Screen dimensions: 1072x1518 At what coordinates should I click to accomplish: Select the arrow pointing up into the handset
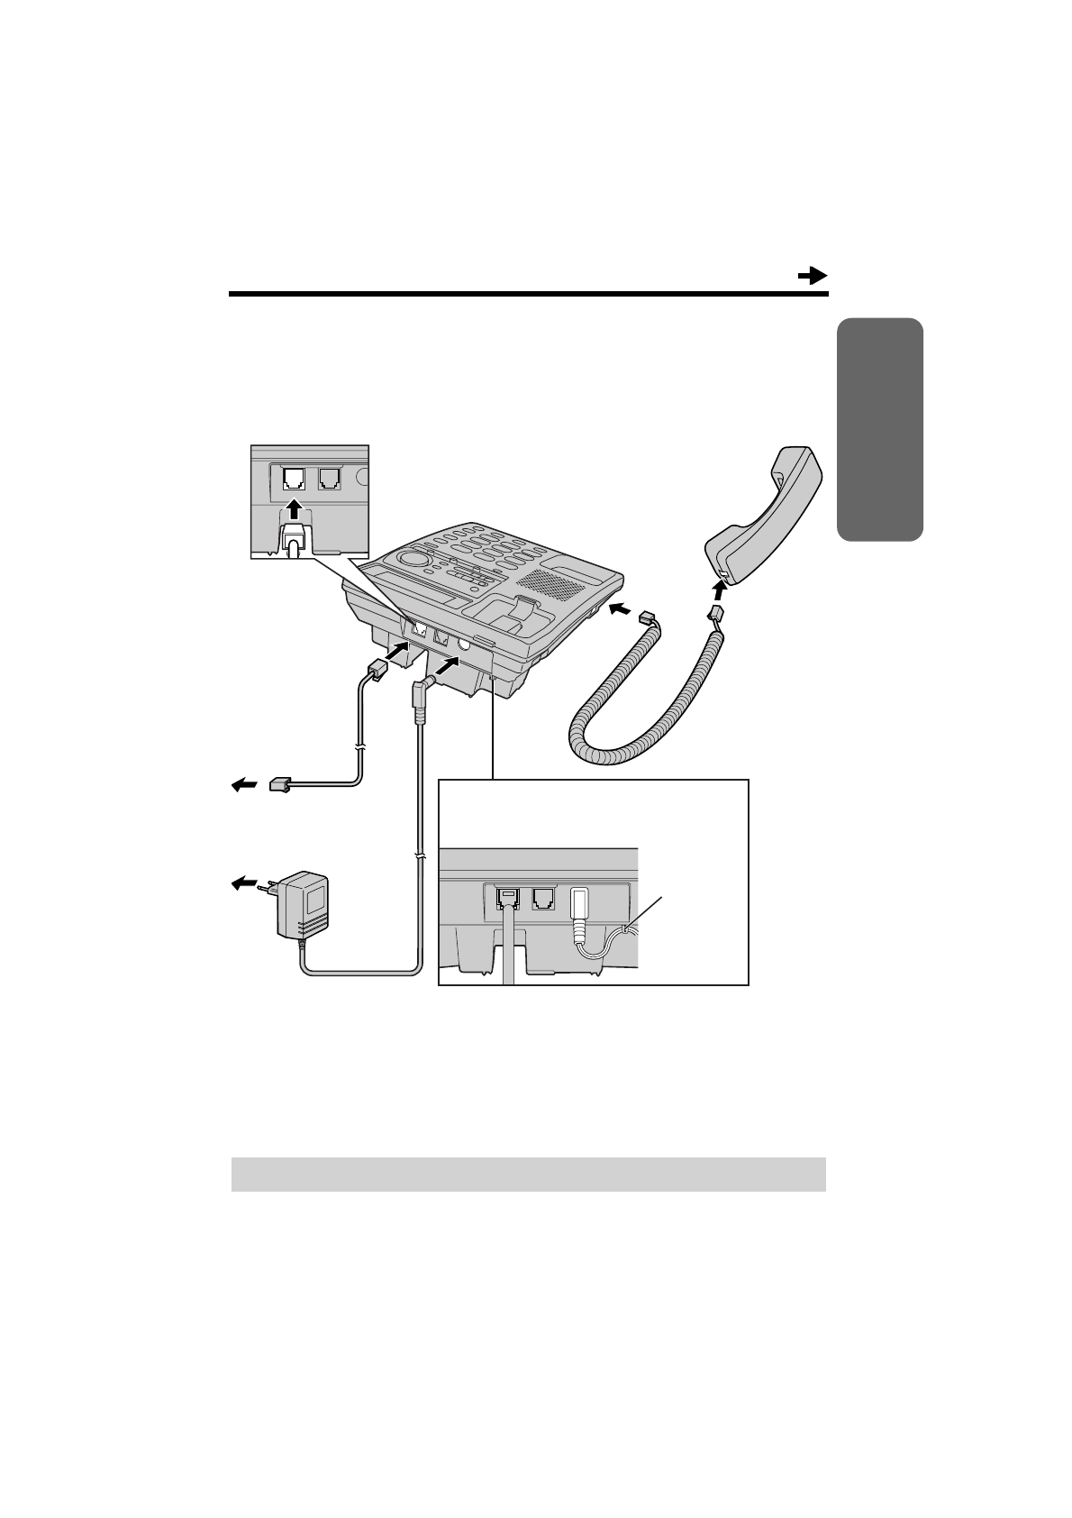tap(719, 592)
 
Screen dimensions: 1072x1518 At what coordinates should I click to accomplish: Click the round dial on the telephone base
tap(413, 560)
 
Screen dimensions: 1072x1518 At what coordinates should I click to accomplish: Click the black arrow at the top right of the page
tap(813, 276)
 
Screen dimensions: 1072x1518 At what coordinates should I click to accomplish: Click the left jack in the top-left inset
tap(294, 479)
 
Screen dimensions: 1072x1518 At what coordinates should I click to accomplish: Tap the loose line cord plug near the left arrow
tap(281, 785)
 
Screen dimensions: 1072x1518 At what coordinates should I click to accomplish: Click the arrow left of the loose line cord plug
tap(243, 786)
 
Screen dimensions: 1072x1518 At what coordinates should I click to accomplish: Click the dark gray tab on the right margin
tap(878, 429)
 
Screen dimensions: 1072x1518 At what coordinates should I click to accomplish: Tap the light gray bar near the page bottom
tap(528, 1174)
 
